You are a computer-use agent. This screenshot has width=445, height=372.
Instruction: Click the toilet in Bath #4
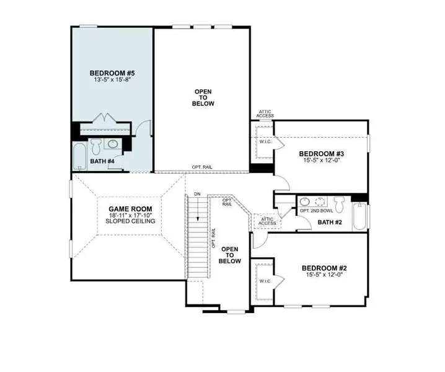coord(96,146)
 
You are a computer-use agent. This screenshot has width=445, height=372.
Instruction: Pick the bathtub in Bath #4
coord(79,157)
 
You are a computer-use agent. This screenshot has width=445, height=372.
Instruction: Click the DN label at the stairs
coord(197,195)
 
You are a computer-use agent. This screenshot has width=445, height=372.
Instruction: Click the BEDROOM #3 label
coord(321,154)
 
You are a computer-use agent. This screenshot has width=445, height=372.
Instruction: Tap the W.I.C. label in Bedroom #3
coord(263,142)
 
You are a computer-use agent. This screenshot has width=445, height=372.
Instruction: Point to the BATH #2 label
coord(330,221)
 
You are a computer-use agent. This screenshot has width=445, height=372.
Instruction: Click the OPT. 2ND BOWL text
coord(314,211)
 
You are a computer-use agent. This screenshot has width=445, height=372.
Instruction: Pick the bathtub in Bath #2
coord(360,217)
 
